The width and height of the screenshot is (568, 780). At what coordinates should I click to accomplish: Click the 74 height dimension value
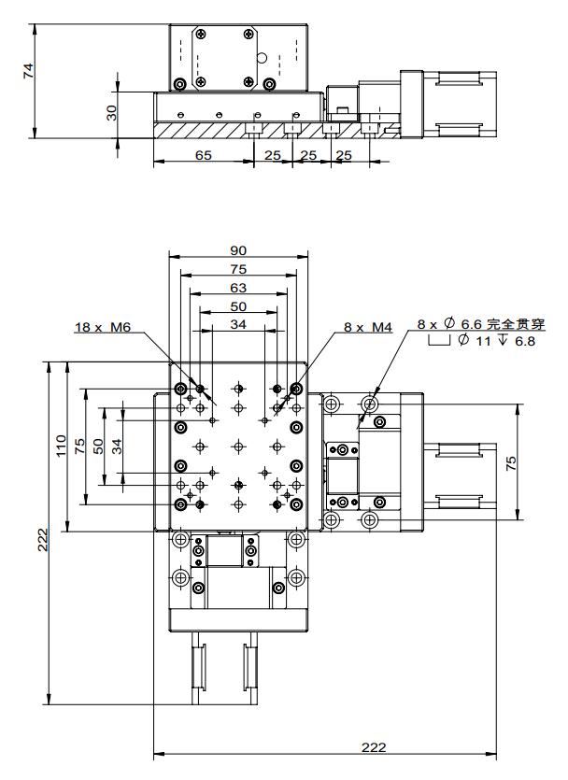[28, 71]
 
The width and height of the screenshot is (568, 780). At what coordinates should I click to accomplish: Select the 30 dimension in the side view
[111, 115]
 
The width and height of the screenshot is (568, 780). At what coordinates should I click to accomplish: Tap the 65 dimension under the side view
[203, 155]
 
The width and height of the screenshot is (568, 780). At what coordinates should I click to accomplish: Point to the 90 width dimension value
[237, 250]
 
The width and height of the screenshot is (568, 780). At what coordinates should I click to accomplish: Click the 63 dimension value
[237, 288]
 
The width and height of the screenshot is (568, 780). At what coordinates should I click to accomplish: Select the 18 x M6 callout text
[103, 327]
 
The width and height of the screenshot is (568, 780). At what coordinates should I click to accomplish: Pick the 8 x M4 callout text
[368, 327]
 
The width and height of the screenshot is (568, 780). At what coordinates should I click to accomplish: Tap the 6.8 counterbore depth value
[525, 342]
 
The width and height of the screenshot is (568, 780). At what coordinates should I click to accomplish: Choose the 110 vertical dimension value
[61, 445]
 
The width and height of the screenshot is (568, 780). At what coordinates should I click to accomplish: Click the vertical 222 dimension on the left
[42, 540]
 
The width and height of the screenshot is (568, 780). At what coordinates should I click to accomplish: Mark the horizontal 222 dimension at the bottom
[372, 747]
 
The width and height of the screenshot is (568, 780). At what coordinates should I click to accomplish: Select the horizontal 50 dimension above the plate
[237, 306]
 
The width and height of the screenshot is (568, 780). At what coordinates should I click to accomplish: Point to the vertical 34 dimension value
[116, 446]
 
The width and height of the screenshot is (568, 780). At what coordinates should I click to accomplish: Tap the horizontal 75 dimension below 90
[237, 269]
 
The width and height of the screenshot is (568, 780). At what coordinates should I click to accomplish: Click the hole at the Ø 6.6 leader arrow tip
[370, 404]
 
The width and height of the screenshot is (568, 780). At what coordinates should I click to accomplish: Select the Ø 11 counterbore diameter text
[476, 342]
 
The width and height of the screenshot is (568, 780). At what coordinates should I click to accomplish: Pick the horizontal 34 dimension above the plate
[237, 325]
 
